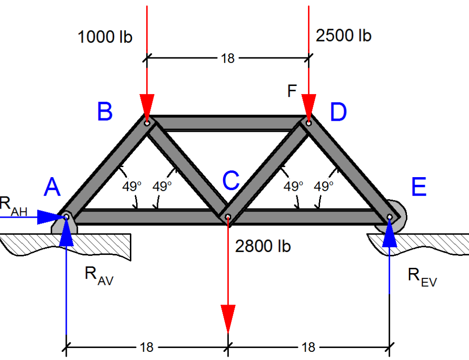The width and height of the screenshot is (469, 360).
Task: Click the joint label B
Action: [x=105, y=112]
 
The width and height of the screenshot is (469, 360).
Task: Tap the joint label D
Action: [x=338, y=112]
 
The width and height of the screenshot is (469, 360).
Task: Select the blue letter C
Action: [x=231, y=180]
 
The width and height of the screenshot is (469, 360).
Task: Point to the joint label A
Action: [x=52, y=187]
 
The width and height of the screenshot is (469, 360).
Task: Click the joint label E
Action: [x=419, y=187]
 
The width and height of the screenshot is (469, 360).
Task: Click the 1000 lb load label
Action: [x=105, y=37]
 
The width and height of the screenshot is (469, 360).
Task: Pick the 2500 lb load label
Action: [x=344, y=36]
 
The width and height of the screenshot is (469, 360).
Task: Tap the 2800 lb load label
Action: [x=263, y=246]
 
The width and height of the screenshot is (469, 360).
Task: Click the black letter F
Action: [x=292, y=91]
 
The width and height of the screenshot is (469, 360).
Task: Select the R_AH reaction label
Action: [x=13, y=206]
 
